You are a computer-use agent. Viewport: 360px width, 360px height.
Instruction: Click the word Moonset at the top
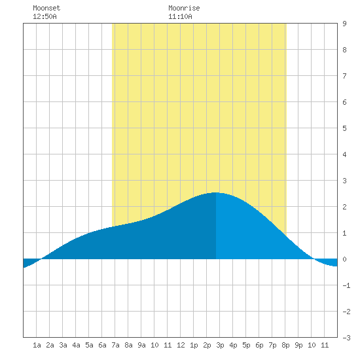coord(46,8)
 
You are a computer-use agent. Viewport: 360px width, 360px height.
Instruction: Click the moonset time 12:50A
coord(45,16)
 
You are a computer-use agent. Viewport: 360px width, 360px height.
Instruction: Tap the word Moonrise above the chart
coord(184,8)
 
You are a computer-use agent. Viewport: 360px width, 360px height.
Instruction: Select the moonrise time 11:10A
coord(180,16)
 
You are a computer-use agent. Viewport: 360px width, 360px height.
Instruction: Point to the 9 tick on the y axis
coord(344,24)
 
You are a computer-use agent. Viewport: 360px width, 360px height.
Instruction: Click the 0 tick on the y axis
coord(344,259)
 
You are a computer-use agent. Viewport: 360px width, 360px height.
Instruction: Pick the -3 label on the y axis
coord(346,338)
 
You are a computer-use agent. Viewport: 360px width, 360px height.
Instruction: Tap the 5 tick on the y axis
coord(344,128)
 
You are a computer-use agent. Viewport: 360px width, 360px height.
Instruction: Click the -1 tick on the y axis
coord(346,285)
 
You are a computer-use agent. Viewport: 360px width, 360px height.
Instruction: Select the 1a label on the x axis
coord(37,345)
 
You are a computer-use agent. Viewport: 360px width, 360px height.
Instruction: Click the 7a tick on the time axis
coord(115,345)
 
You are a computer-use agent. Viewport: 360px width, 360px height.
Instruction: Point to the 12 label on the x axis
coord(181,345)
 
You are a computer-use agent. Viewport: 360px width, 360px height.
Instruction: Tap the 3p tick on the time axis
coord(220,345)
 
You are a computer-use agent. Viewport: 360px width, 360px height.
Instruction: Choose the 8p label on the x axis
coord(285,345)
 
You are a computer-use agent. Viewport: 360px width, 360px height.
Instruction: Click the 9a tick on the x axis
coord(141,345)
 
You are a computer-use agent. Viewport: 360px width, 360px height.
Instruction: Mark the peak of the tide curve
coord(216,192)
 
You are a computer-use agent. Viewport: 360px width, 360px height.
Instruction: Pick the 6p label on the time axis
coord(259,345)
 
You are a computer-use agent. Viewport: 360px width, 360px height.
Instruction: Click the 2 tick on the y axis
coord(344,207)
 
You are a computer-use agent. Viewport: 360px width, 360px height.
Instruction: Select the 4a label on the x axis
coord(76,345)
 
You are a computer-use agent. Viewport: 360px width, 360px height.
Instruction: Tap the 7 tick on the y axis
coord(344,76)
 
